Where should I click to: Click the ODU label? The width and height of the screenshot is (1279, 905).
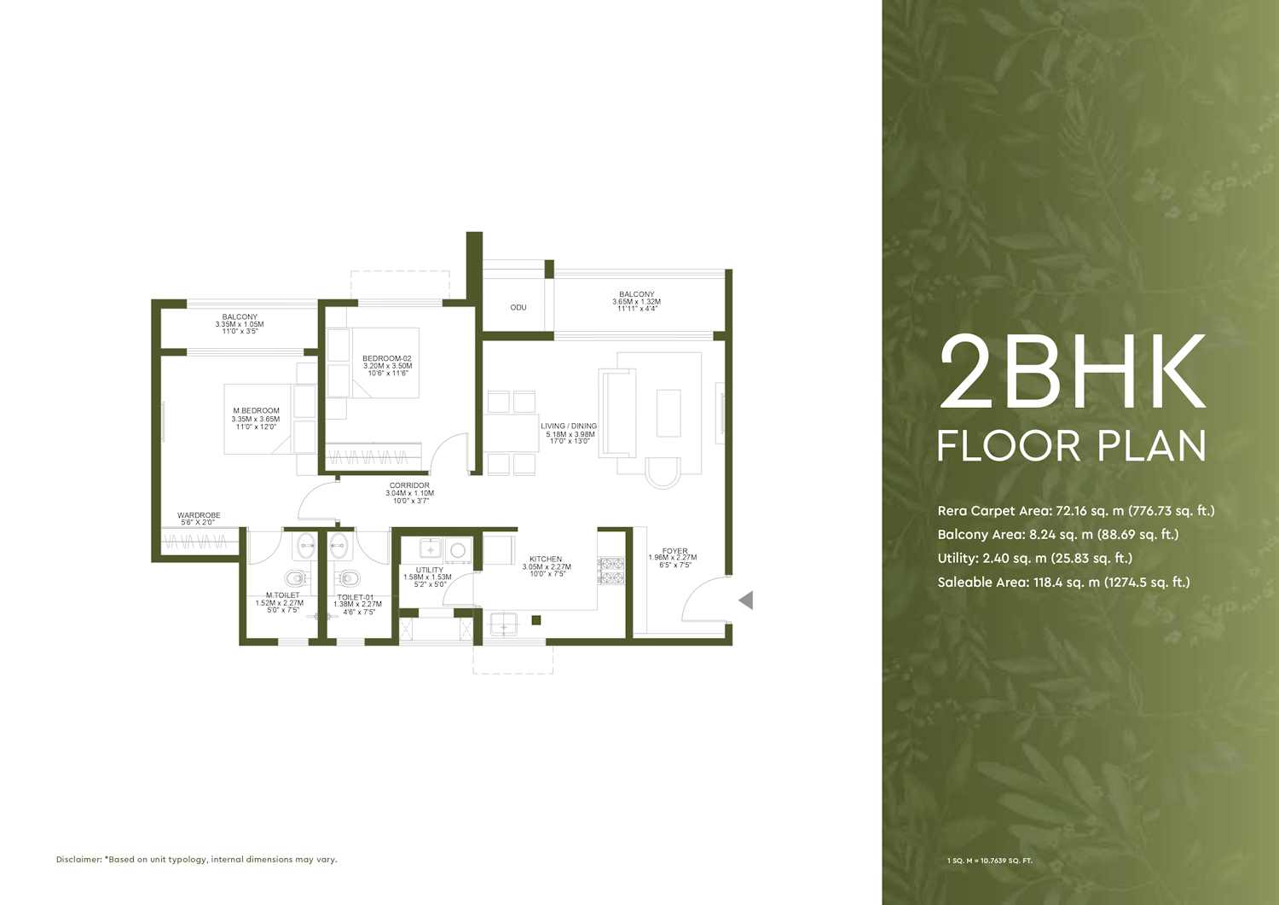[x=518, y=307]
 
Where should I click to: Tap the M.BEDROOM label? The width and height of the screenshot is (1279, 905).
[x=256, y=410]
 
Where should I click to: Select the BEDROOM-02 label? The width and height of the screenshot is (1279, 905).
[x=386, y=359]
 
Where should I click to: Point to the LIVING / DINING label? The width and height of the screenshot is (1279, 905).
[x=569, y=426]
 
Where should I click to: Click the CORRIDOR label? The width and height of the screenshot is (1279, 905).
[x=409, y=485]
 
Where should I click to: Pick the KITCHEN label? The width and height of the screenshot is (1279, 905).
[x=546, y=559]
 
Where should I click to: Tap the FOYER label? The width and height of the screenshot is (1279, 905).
[x=675, y=551]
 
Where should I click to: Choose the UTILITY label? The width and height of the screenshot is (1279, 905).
[x=430, y=570]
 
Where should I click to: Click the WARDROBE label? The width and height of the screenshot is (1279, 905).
[x=198, y=515]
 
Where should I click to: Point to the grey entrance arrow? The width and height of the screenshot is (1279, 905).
[x=746, y=600]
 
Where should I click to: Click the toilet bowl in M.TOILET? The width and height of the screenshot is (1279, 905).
[x=295, y=579]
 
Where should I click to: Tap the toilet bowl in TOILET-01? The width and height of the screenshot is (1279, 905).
[x=347, y=579]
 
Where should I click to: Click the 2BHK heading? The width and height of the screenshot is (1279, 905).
[x=1073, y=373]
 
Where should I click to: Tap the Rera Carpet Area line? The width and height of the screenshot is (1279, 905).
[x=1076, y=511]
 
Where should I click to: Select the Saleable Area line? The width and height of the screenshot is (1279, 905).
[x=1064, y=583]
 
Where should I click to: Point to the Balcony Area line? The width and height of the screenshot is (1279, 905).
[x=1058, y=535]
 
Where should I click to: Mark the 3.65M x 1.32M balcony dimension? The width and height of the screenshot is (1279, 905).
[x=637, y=302]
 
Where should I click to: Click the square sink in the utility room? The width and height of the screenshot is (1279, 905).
[x=431, y=549]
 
